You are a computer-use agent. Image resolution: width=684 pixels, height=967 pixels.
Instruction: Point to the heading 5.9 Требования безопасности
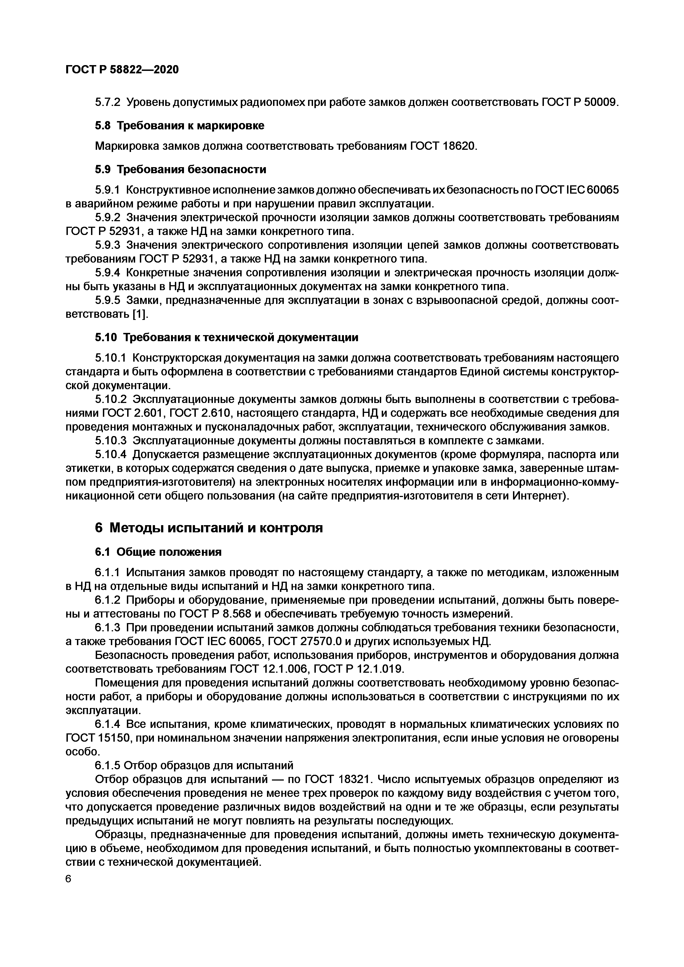click(x=180, y=169)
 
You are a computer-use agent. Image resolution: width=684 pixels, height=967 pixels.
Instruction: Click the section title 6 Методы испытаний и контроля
click(x=209, y=528)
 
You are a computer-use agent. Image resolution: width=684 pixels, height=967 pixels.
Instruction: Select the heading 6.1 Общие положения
click(x=158, y=552)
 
